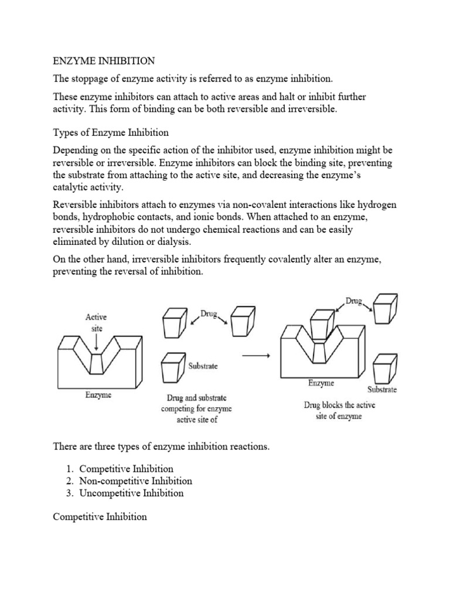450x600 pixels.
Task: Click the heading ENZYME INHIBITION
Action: click(x=104, y=60)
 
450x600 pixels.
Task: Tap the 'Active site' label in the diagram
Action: click(x=96, y=323)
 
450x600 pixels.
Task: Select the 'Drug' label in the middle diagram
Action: click(x=209, y=314)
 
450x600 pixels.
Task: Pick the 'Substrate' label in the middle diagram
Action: click(x=202, y=366)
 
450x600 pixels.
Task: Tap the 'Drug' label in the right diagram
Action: click(x=353, y=301)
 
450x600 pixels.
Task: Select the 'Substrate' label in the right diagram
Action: click(x=382, y=390)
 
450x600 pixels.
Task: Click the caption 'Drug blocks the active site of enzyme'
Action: click(x=339, y=411)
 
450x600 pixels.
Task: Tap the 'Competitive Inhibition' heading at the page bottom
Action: click(x=100, y=517)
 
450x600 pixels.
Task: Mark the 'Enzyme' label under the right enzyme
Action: click(x=321, y=383)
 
